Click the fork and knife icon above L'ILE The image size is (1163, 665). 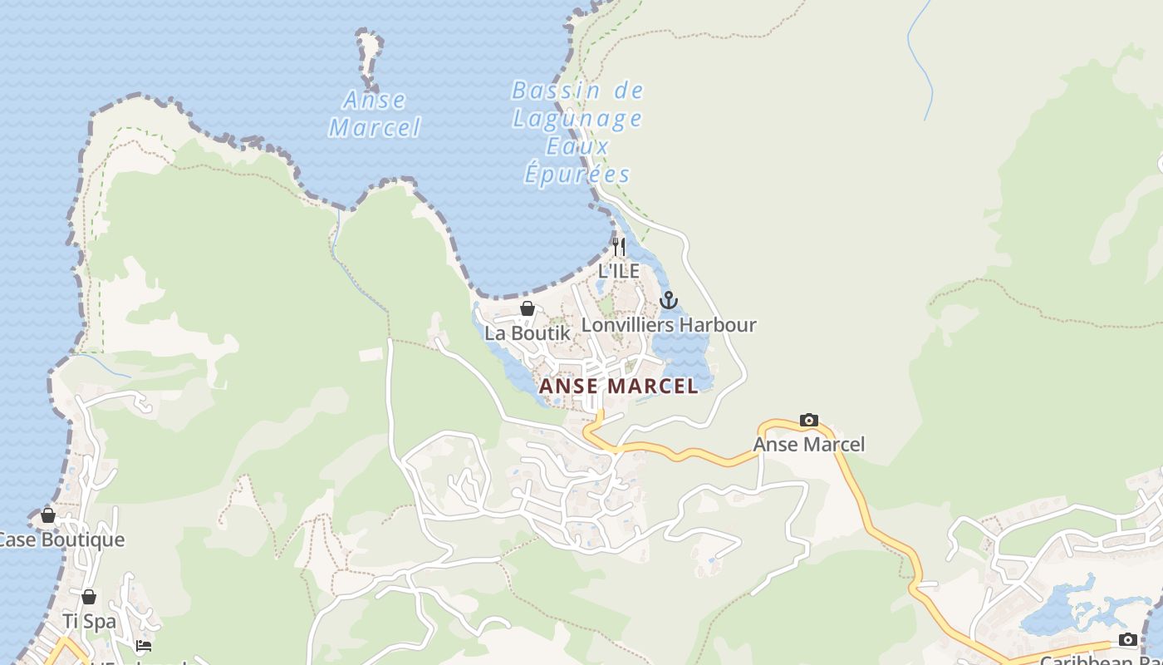pyautogui.click(x=618, y=246)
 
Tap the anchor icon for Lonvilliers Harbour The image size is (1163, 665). pyautogui.click(x=669, y=300)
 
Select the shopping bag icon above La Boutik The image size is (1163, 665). pyautogui.click(x=527, y=309)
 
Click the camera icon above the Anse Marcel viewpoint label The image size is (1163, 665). pyautogui.click(x=808, y=421)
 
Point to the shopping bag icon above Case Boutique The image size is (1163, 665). pyautogui.click(x=48, y=515)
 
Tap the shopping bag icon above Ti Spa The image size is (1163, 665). pyautogui.click(x=89, y=597)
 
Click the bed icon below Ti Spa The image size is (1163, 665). pyautogui.click(x=144, y=645)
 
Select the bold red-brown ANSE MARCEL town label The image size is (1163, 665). pyautogui.click(x=619, y=387)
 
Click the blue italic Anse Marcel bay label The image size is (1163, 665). pyautogui.click(x=375, y=114)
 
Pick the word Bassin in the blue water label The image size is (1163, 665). pyautogui.click(x=544, y=91)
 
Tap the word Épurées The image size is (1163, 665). pyautogui.click(x=577, y=175)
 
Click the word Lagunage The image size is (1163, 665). pyautogui.click(x=577, y=119)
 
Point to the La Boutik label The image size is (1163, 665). pyautogui.click(x=528, y=332)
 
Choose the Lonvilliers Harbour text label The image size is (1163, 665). pyautogui.click(x=669, y=324)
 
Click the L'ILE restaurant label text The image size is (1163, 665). pyautogui.click(x=619, y=271)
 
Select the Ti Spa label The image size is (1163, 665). pyautogui.click(x=89, y=621)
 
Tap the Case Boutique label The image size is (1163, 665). pyautogui.click(x=60, y=539)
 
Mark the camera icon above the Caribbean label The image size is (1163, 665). pyautogui.click(x=1127, y=639)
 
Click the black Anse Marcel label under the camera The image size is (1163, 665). pyautogui.click(x=808, y=445)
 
